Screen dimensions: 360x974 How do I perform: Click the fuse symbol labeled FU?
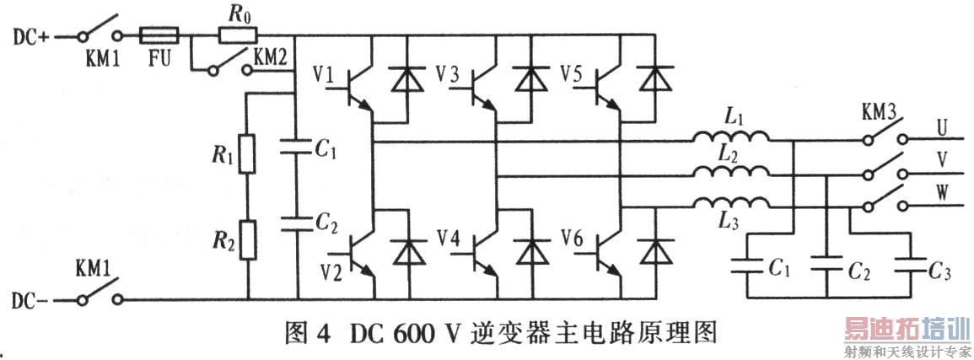[158, 36]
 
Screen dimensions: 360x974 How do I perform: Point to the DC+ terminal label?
[32, 36]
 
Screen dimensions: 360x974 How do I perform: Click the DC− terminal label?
[32, 299]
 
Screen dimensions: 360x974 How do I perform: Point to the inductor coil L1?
[731, 138]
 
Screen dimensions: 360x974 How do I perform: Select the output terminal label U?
[941, 127]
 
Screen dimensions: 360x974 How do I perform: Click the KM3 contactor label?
[880, 112]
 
